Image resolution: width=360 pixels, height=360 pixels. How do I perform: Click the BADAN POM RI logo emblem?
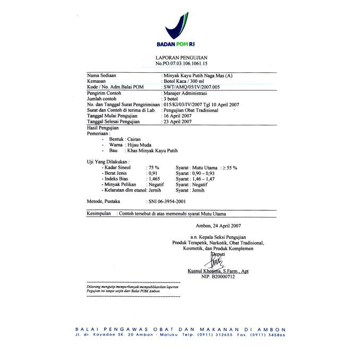click(180, 24)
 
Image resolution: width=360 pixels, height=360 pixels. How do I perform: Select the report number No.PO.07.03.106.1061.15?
click(181, 63)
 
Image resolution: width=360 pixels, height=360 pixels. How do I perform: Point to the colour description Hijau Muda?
click(140, 144)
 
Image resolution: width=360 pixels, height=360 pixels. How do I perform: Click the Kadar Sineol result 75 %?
click(154, 168)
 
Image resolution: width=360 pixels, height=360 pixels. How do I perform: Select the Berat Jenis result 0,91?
click(153, 173)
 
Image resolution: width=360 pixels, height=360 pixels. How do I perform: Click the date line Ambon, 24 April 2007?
click(219, 226)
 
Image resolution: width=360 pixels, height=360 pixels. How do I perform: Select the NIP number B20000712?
click(218, 277)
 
